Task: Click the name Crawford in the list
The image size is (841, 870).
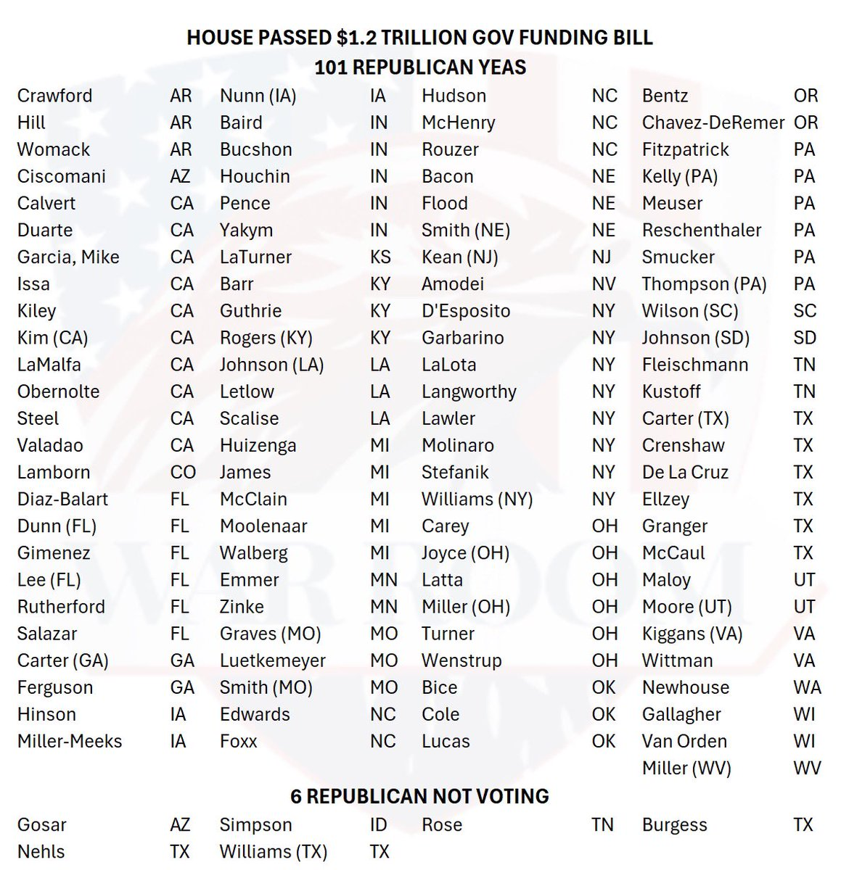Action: click(x=54, y=96)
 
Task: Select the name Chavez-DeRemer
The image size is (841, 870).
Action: click(x=713, y=123)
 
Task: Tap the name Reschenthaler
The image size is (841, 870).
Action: click(x=701, y=230)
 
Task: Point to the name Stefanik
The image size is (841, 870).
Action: click(x=455, y=472)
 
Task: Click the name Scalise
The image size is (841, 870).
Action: click(x=249, y=418)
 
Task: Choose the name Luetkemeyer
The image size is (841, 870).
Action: click(x=272, y=660)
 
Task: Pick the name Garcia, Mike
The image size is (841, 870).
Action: click(x=68, y=257)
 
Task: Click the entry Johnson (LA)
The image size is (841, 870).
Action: click(x=271, y=365)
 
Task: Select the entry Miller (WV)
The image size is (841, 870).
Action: click(x=686, y=768)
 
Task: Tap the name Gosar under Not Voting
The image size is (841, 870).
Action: click(x=42, y=825)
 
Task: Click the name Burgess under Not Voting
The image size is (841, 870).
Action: click(x=674, y=825)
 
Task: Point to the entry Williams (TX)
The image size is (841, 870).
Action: click(x=273, y=852)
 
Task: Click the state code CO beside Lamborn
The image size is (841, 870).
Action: click(x=183, y=472)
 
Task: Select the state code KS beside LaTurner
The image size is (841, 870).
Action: click(x=380, y=257)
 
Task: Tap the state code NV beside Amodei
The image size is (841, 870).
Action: click(x=603, y=283)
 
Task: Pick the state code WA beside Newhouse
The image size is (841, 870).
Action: click(x=807, y=687)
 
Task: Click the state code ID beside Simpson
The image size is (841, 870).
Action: click(x=378, y=825)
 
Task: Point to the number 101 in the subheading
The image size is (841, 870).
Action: click(x=331, y=67)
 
